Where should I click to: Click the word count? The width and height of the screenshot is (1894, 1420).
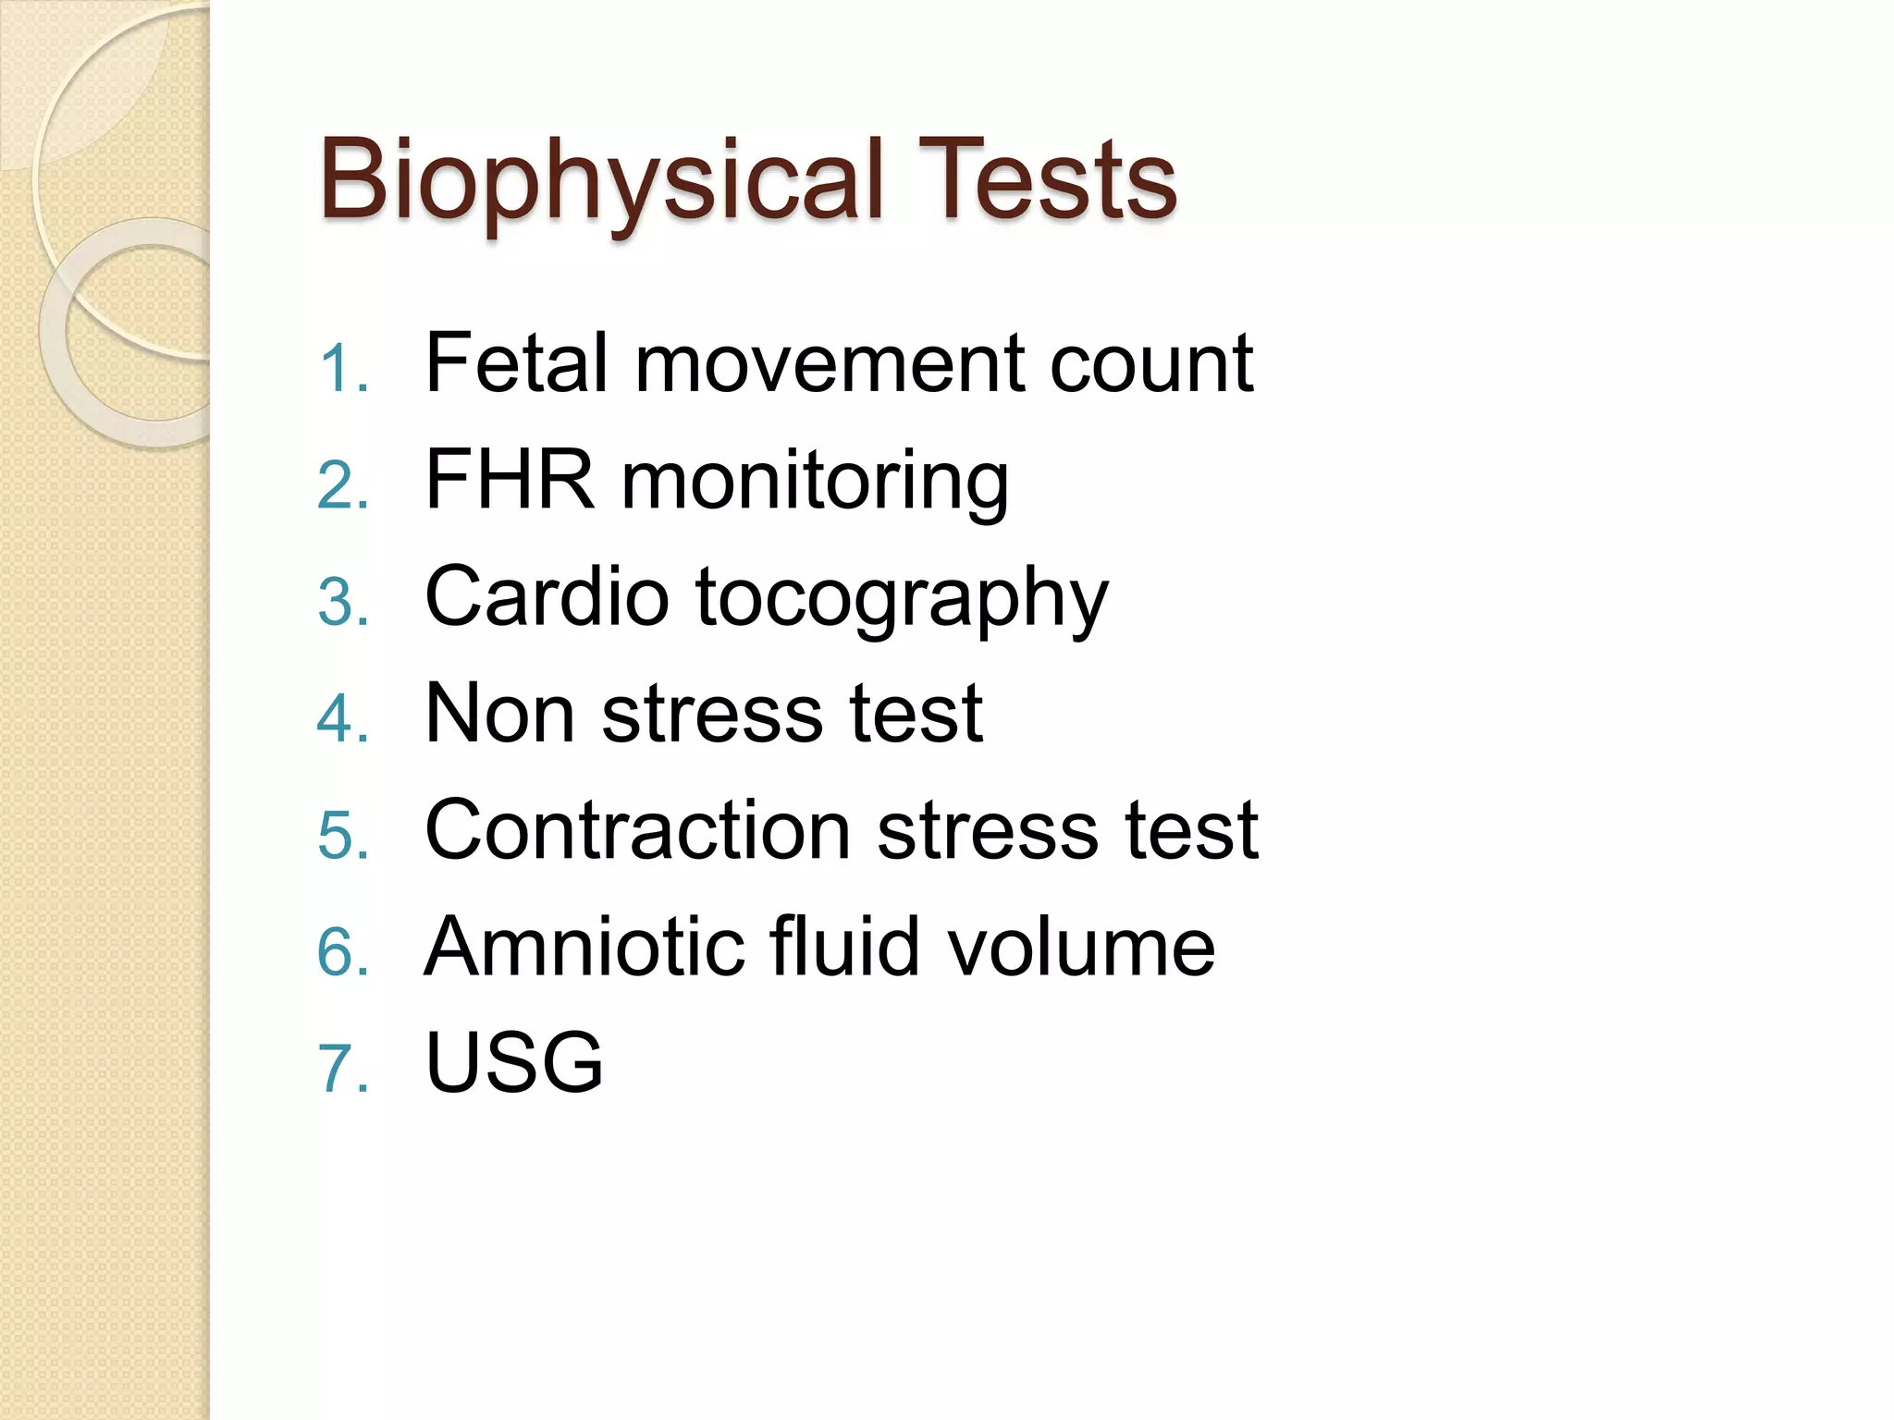(x=1151, y=364)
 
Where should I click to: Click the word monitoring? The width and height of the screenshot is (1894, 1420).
(x=815, y=483)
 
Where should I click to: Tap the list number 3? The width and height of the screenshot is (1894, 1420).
(x=342, y=602)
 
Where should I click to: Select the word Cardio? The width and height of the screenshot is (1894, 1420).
(x=546, y=597)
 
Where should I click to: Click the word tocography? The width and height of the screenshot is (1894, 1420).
(x=902, y=600)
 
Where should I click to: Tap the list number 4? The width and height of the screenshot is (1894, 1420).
(x=342, y=718)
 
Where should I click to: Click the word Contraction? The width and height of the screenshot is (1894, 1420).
(x=637, y=830)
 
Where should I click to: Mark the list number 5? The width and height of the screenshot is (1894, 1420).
(x=342, y=835)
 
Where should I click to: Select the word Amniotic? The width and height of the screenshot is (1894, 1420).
(x=584, y=947)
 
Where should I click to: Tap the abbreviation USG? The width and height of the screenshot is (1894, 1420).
(x=513, y=1062)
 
